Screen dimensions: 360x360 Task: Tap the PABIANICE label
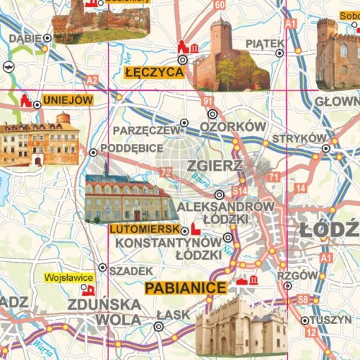click(186, 288)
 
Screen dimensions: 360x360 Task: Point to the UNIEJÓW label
click(68, 100)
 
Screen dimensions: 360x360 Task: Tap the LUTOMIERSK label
click(144, 229)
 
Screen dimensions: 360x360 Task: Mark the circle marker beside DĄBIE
click(48, 37)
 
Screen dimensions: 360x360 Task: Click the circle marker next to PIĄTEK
click(279, 52)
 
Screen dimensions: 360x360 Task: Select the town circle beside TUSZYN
click(305, 320)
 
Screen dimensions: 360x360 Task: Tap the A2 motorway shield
click(91, 79)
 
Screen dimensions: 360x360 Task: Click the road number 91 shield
click(207, 101)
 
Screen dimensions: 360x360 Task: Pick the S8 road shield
click(303, 299)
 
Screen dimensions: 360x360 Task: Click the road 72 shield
click(166, 172)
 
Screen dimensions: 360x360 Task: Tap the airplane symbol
click(8, 66)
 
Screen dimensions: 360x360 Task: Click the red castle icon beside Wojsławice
click(89, 289)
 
